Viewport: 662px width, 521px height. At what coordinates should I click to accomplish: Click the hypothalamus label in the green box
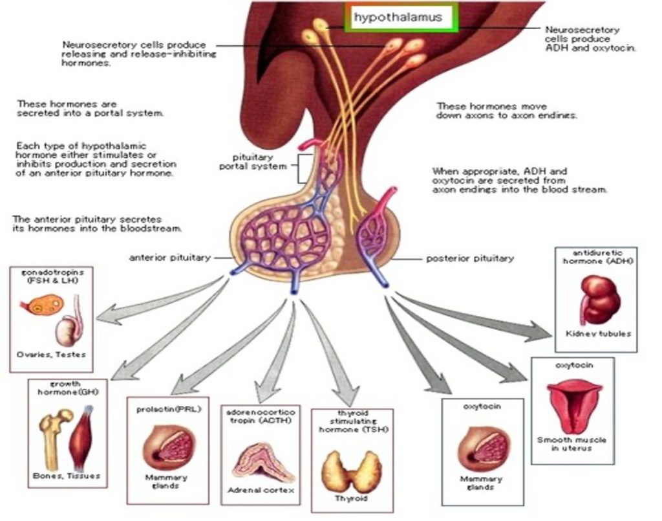pos(398,17)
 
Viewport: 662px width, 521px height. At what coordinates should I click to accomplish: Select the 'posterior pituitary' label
pos(470,258)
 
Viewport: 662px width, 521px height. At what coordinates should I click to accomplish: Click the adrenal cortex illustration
pos(261,462)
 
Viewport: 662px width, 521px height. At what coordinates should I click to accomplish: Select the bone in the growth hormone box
pos(52,440)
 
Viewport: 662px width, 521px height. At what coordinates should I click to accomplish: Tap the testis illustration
pos(68,330)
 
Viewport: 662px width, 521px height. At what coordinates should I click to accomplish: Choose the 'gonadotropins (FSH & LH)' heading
pos(48,277)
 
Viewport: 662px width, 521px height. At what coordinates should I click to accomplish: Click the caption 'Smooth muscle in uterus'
pos(572,444)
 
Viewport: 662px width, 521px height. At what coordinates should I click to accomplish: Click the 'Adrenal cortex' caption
pos(261,491)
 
